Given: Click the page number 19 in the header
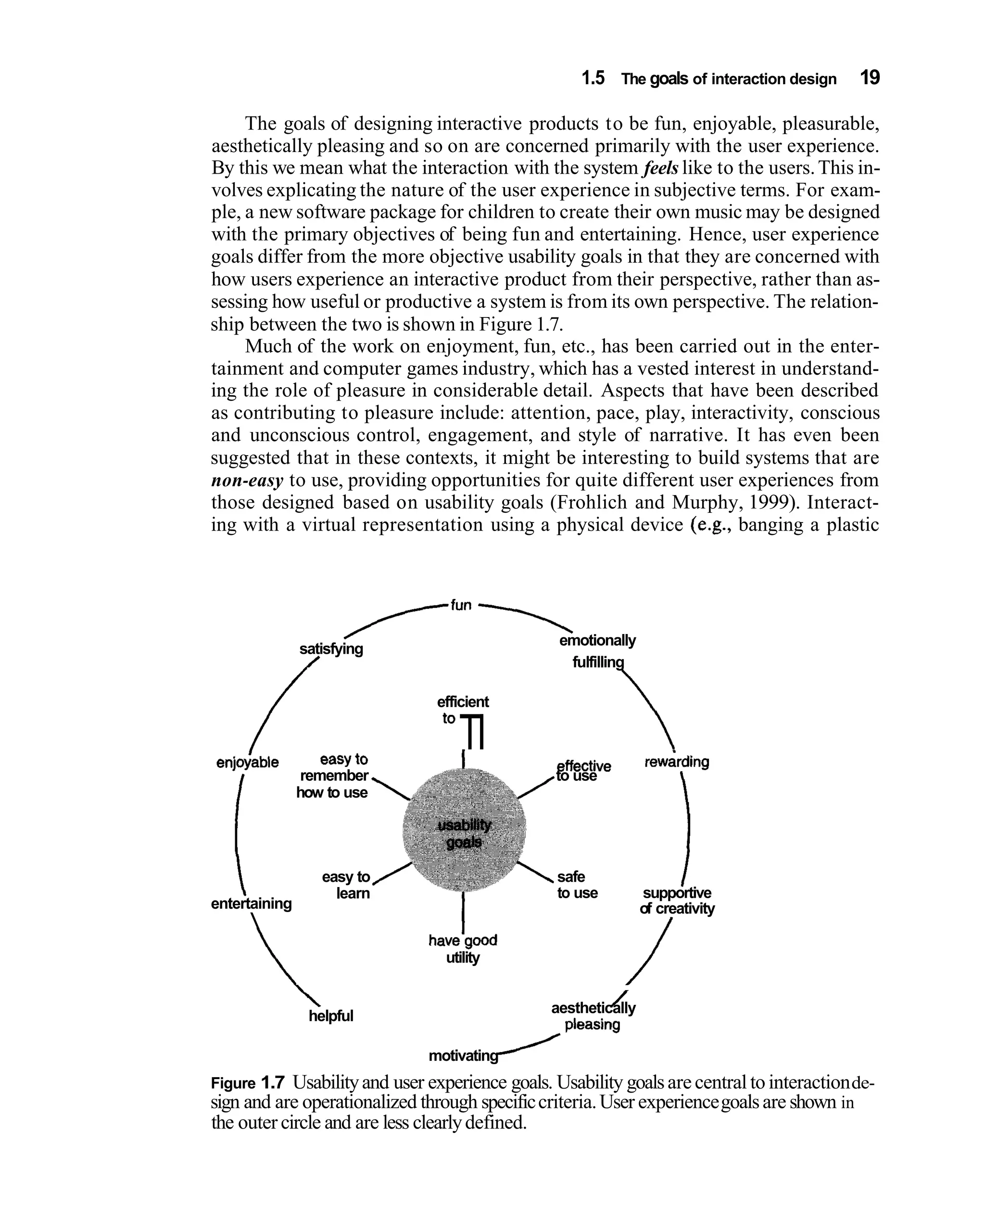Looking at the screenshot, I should (x=870, y=78).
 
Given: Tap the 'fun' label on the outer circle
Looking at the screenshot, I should (x=461, y=605).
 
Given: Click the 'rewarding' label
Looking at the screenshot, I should (x=677, y=762).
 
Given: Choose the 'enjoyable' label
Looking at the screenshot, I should (x=247, y=762).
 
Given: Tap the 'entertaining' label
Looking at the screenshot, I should (x=251, y=903).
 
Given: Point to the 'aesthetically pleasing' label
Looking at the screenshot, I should (x=593, y=1016).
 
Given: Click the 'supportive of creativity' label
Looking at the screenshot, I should (x=677, y=901).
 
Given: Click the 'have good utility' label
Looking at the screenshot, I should (x=463, y=949).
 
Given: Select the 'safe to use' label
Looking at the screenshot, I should (x=577, y=885).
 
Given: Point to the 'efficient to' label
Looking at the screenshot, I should (x=463, y=709).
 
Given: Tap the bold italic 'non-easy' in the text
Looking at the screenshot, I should (x=247, y=481).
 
